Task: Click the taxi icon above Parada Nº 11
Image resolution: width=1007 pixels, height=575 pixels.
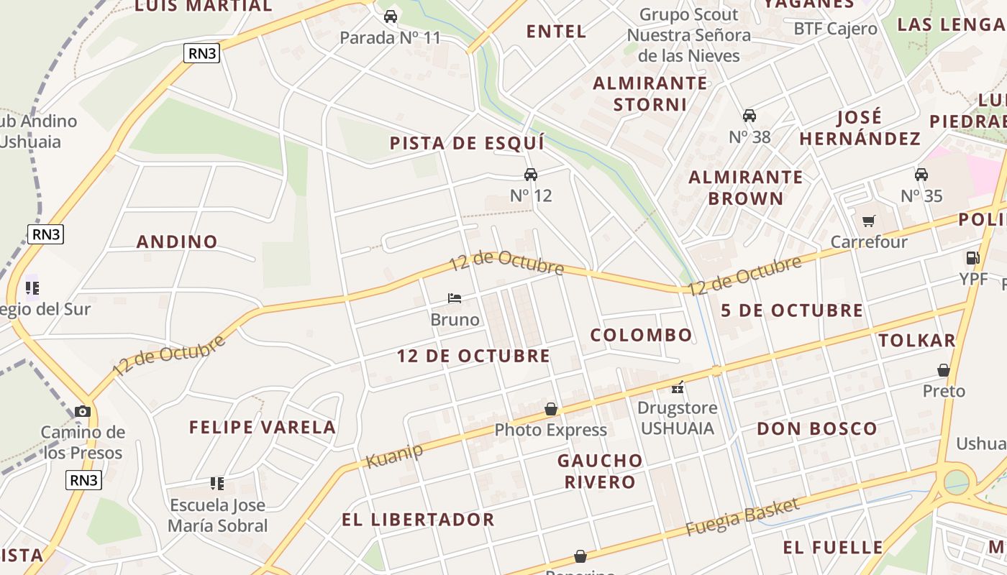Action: click(391, 16)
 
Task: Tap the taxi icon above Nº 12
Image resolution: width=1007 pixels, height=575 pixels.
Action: click(531, 174)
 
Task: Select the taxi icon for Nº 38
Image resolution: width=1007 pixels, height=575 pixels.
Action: click(749, 115)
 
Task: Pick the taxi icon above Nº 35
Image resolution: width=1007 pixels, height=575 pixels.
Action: click(921, 174)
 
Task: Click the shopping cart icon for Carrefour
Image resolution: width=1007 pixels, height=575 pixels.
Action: click(869, 221)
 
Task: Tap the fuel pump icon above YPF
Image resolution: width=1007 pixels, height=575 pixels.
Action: click(972, 257)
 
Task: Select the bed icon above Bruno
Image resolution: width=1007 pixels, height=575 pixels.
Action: click(454, 298)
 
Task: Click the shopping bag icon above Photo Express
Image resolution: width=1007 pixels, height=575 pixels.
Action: click(551, 409)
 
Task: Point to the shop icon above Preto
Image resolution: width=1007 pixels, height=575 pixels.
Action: click(944, 370)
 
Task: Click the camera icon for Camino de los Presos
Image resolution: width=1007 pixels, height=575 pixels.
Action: click(83, 411)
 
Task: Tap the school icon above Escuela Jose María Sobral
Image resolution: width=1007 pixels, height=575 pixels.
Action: click(217, 483)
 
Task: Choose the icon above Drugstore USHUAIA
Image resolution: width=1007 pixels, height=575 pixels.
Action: click(677, 387)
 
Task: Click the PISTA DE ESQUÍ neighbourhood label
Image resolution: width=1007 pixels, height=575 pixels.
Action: click(467, 143)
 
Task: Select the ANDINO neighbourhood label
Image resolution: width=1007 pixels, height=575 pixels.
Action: click(177, 241)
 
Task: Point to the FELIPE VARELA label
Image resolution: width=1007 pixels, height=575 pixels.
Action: click(263, 427)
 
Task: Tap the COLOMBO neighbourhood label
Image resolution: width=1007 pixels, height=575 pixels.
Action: click(641, 335)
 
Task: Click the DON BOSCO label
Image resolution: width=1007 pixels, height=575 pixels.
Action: click(817, 429)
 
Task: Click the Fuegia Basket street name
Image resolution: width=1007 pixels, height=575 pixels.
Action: click(742, 517)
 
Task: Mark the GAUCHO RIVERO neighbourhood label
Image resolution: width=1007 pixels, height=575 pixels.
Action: click(600, 471)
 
